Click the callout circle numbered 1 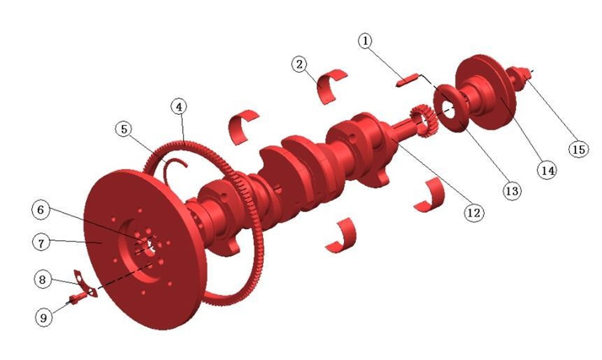(x=365, y=40)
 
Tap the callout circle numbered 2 (x=300, y=64)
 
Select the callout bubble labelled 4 (x=179, y=107)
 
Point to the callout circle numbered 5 (x=124, y=129)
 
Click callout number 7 (x=41, y=242)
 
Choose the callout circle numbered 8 (x=43, y=279)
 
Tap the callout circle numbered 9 (x=44, y=317)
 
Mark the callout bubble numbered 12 (x=474, y=212)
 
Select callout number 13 (x=512, y=190)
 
